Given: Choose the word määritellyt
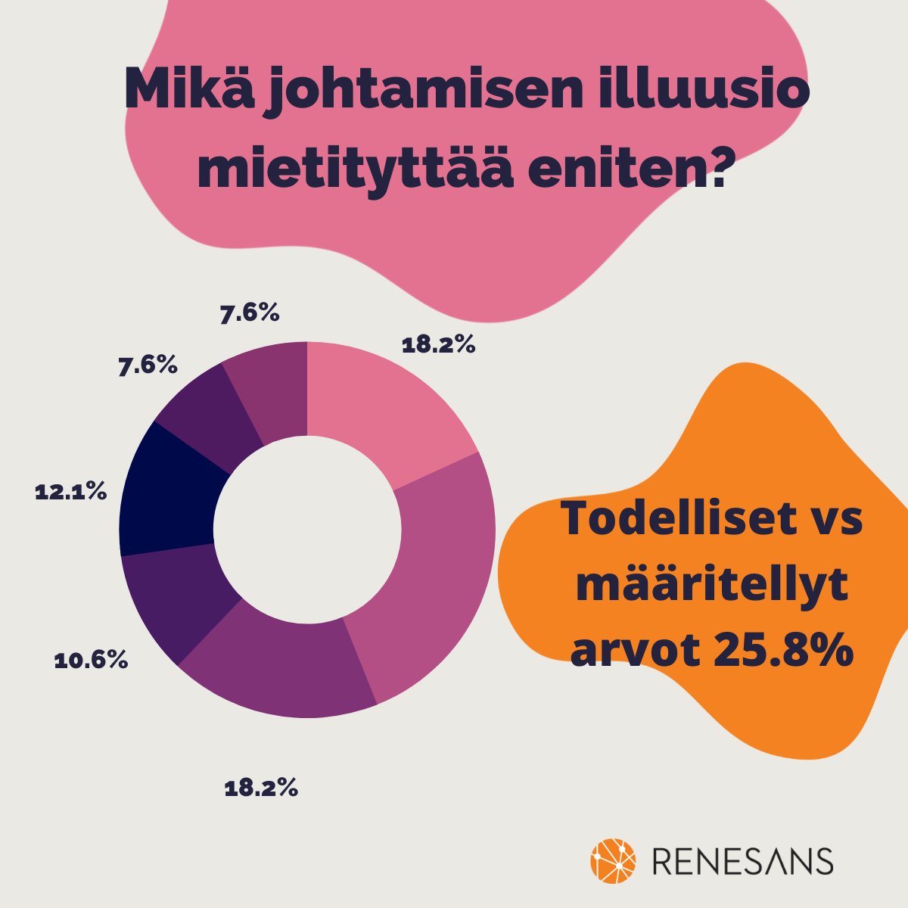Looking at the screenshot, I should [710, 587].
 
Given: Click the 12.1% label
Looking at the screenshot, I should [70, 492].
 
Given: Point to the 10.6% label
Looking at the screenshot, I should [91, 661].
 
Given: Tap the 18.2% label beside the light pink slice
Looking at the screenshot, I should [438, 346].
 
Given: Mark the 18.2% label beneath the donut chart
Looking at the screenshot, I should [261, 788].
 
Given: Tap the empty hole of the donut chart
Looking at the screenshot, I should [307, 529].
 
